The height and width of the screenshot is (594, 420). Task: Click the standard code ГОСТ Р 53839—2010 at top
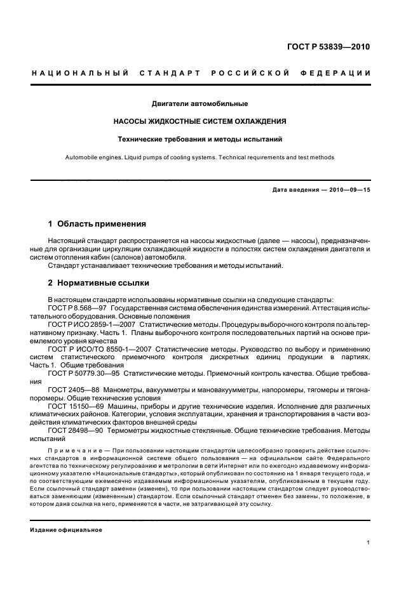click(330, 47)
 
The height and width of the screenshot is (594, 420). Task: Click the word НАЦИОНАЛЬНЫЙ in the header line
click(77, 74)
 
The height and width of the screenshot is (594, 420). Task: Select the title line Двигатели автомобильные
click(200, 103)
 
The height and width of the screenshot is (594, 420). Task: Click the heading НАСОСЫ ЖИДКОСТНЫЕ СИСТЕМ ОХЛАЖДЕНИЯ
click(200, 121)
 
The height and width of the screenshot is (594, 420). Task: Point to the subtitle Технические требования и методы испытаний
click(200, 138)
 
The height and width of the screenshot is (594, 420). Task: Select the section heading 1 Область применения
click(97, 224)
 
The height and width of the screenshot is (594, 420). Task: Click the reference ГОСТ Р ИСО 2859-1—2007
click(90, 324)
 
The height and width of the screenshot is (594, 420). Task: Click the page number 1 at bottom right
click(369, 543)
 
